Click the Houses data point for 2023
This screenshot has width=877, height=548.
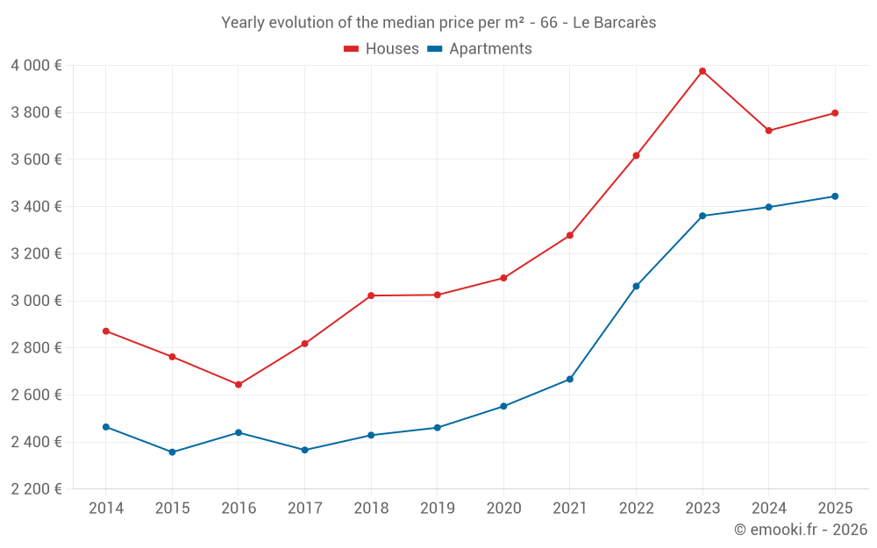(702, 71)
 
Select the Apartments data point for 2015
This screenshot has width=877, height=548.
(172, 452)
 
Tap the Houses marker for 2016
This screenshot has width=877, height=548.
(239, 385)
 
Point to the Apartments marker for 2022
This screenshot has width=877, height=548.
(636, 286)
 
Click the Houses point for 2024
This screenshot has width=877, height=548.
(768, 131)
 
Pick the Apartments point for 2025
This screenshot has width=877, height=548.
(835, 196)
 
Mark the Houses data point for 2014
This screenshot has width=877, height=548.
(106, 331)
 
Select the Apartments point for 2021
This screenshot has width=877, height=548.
(570, 380)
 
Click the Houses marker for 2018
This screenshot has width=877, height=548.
(371, 295)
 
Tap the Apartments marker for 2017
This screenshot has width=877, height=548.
(304, 450)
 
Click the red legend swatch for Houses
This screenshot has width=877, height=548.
(352, 49)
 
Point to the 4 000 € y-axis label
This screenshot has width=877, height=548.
(36, 66)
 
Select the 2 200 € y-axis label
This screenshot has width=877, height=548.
(36, 489)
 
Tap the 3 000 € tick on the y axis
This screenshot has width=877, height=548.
(36, 301)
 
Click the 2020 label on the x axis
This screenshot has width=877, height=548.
(503, 509)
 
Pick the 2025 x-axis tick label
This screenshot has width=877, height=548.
(835, 509)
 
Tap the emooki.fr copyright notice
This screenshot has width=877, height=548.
(801, 530)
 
